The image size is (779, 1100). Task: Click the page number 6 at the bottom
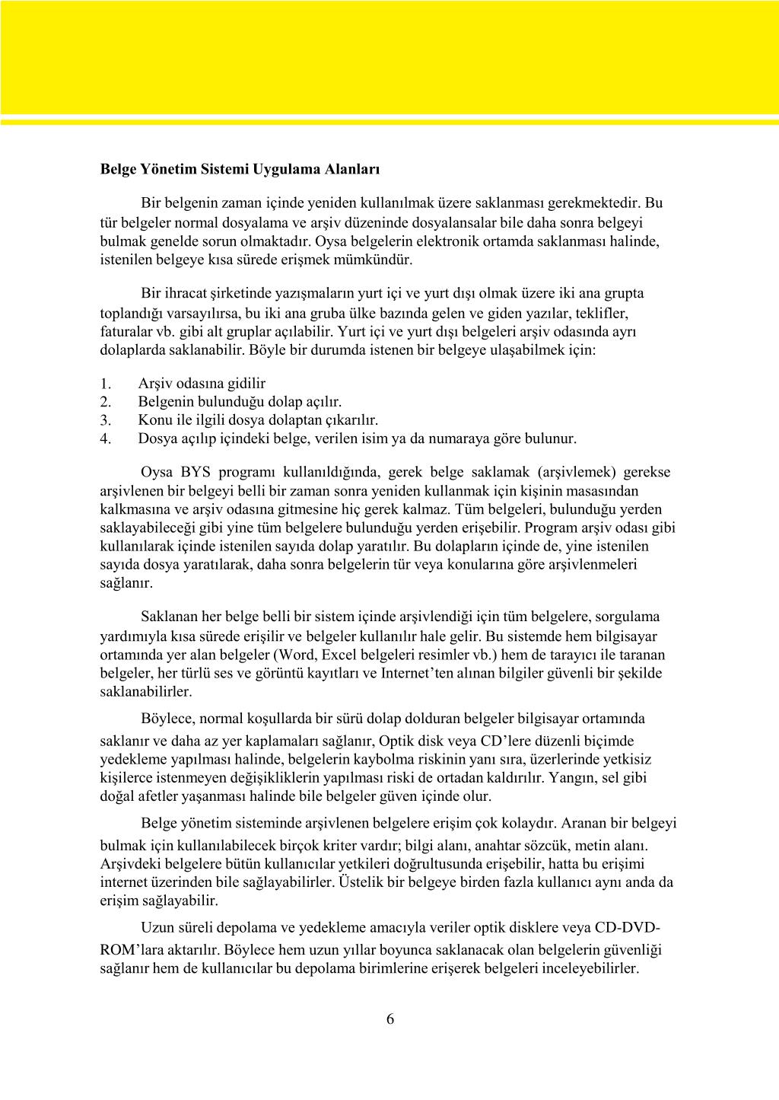[390, 1019]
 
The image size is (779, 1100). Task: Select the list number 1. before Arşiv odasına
[106, 384]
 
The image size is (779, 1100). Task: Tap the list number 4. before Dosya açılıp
[106, 438]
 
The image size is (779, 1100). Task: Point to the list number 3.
[106, 420]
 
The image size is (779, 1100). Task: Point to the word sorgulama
[628, 617]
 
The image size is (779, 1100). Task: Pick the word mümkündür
[379, 260]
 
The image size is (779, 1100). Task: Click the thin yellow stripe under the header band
[389, 121]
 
